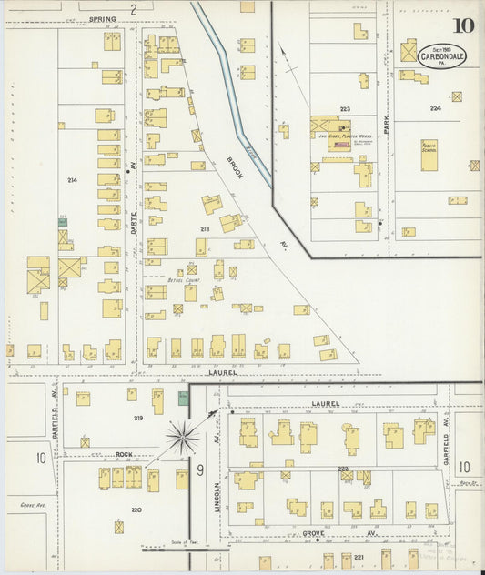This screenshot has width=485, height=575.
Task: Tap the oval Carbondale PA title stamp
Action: [441, 55]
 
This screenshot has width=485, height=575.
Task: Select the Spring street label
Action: [102, 19]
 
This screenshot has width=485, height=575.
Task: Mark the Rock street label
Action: [125, 454]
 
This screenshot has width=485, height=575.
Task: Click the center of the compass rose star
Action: [182, 438]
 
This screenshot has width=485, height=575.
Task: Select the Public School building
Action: [429, 149]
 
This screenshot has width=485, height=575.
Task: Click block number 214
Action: [72, 180]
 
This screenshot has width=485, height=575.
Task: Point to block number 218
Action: [205, 228]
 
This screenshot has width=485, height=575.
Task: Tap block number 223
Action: [345, 108]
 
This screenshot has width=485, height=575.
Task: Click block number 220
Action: [136, 510]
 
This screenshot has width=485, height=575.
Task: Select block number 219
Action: [137, 418]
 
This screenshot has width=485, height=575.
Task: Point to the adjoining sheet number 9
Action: [198, 470]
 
